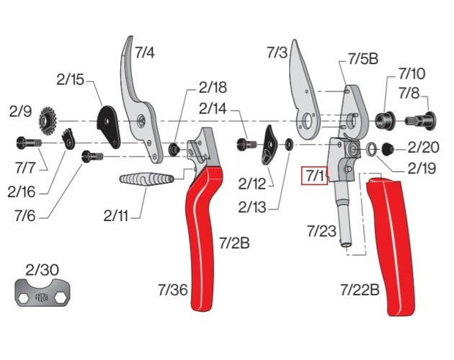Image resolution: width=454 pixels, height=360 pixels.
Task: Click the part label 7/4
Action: coord(144,52)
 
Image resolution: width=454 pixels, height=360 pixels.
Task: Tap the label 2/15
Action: coord(69,79)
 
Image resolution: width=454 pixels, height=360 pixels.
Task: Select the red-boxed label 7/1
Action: coord(314,175)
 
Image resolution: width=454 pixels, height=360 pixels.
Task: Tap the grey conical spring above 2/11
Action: coord(145,179)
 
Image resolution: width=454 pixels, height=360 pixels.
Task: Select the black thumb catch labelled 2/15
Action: coord(110,122)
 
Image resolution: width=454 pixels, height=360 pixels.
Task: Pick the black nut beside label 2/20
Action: coord(388,149)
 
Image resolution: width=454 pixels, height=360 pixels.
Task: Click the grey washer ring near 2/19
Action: coord(370,150)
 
